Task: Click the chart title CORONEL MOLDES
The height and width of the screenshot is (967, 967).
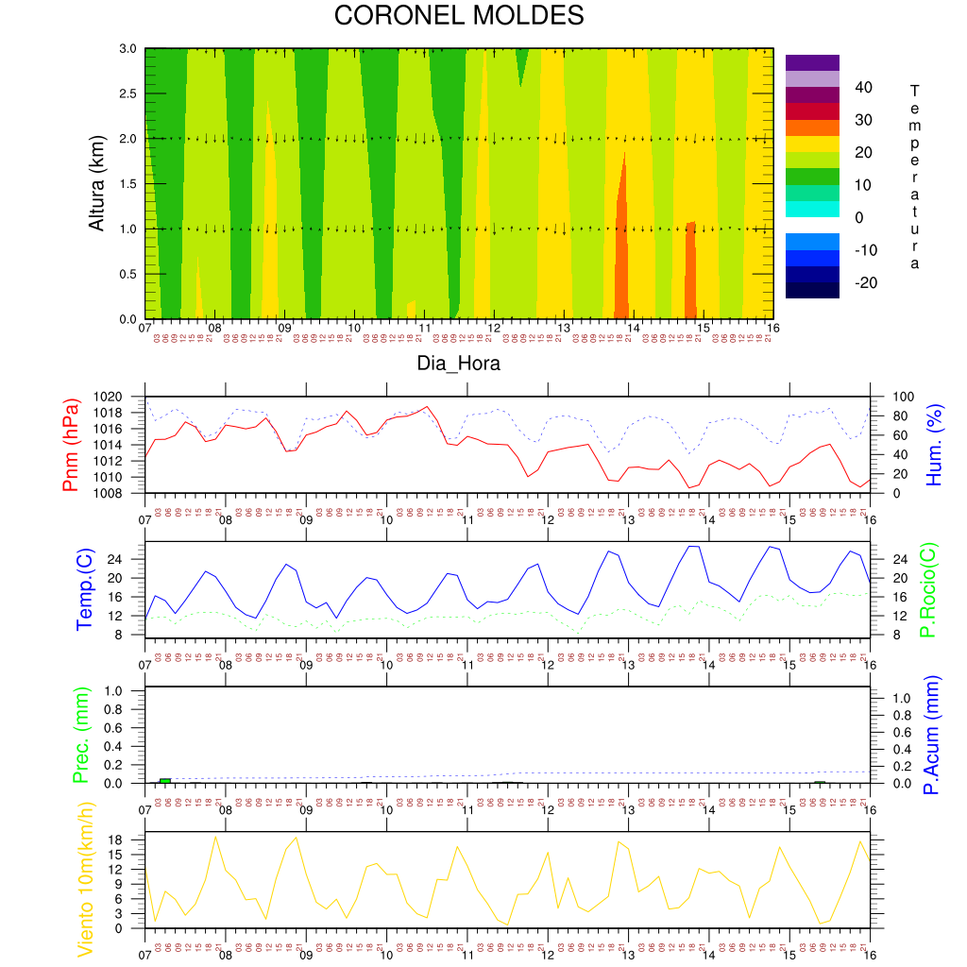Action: tap(459, 16)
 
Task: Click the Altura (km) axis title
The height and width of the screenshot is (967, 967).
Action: tap(95, 183)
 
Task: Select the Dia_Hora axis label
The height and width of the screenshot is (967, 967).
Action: tap(459, 363)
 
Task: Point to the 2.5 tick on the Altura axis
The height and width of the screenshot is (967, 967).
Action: tap(127, 93)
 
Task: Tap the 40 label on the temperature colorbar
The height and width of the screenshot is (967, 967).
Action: tap(864, 88)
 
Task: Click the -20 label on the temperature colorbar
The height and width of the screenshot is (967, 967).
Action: tap(864, 282)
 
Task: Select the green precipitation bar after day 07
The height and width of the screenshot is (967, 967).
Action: tap(165, 781)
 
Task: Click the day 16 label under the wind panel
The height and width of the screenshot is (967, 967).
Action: tap(869, 942)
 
